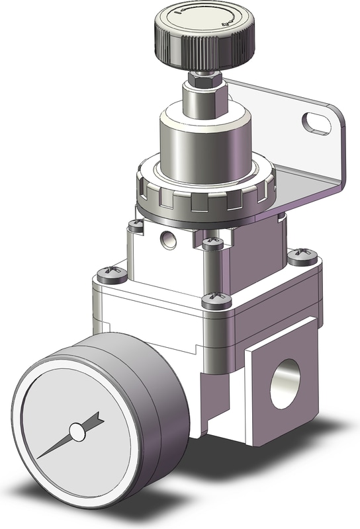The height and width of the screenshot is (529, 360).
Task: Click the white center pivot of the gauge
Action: point(77,432)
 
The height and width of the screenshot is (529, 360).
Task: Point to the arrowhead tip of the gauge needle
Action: point(99,418)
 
